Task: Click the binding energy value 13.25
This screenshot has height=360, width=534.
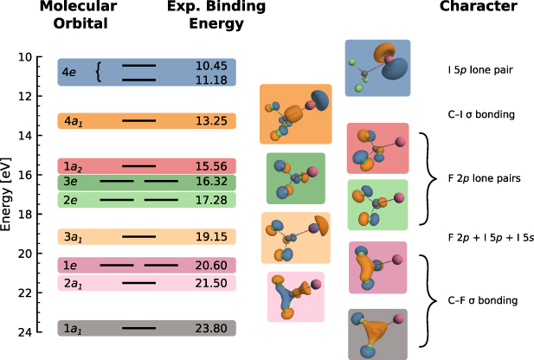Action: [211, 120]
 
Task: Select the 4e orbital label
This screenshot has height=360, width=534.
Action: [68, 73]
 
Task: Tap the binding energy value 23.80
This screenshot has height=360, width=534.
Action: [211, 328]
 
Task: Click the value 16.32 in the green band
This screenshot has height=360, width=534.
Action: [211, 182]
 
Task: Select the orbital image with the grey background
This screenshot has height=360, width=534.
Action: [377, 333]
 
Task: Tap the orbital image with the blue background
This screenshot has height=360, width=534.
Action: [377, 67]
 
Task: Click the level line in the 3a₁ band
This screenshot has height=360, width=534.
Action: [138, 236]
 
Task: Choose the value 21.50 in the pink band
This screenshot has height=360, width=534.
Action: [211, 283]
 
